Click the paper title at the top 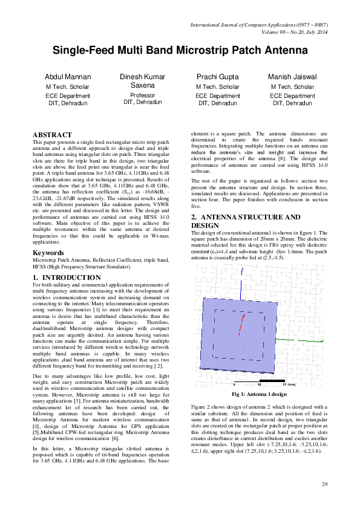coord(180,51)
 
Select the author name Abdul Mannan coord(68,77)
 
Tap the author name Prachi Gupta coord(217,77)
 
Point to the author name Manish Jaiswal coord(292,77)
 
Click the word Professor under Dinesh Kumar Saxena coord(143,96)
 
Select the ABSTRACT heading coord(52,134)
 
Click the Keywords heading coord(48,252)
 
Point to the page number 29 coord(324,484)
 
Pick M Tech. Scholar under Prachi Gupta coord(217,87)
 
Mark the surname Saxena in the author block coord(143,86)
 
